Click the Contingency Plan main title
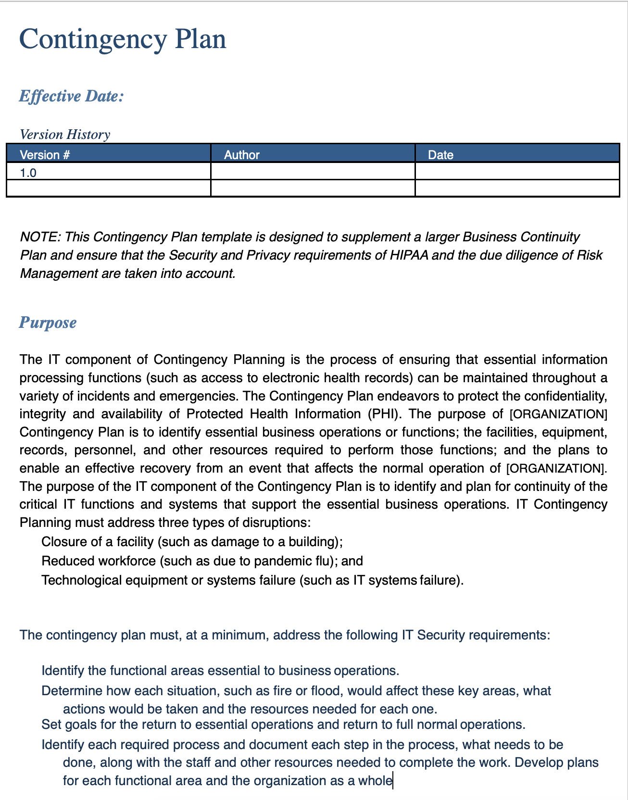123,39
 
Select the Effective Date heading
72,96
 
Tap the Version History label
65,134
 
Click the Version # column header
45,155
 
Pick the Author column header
242,155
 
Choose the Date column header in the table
440,155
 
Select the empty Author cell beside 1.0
313,172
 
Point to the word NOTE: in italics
40,237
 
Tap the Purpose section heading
48,322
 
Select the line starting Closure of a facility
192,542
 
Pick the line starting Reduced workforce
202,561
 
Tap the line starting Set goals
283,725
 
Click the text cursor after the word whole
393,780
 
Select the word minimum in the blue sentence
241,635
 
